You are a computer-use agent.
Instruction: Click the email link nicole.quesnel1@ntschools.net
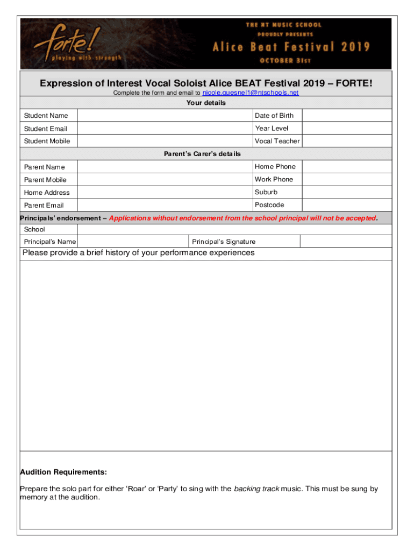pyautogui.click(x=250, y=93)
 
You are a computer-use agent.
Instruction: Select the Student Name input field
pyautogui.click(x=165, y=116)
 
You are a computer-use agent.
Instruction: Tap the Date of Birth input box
pyautogui.click(x=347, y=116)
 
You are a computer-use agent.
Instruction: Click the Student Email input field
pyautogui.click(x=165, y=129)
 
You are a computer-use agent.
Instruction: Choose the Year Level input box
pyautogui.click(x=347, y=129)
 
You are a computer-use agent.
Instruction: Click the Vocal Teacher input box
pyautogui.click(x=347, y=141)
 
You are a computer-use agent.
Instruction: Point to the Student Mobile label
pyautogui.click(x=47, y=141)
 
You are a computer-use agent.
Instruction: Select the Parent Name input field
pyautogui.click(x=165, y=167)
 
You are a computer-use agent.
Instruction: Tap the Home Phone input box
pyautogui.click(x=347, y=167)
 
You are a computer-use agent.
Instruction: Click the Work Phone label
pyautogui.click(x=274, y=179)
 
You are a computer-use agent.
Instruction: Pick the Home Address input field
pyautogui.click(x=165, y=192)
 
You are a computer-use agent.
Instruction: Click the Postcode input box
pyautogui.click(x=347, y=205)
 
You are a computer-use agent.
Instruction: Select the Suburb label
pyautogui.click(x=266, y=192)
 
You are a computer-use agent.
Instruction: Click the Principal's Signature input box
pyautogui.click(x=346, y=242)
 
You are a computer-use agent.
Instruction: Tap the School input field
pyautogui.click(x=234, y=230)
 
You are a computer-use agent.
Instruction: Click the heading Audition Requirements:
pyautogui.click(x=63, y=472)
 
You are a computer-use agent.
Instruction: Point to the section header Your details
pyautogui.click(x=206, y=103)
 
